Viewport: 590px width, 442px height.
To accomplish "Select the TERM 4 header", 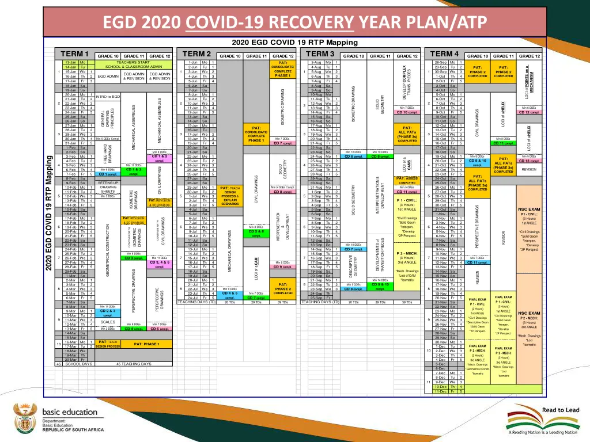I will pyautogui.click(x=444, y=54).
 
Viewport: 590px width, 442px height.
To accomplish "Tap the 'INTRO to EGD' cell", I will pyautogui.click(x=108, y=96).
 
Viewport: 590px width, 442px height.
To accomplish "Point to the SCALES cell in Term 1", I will pyautogui.click(x=108, y=322).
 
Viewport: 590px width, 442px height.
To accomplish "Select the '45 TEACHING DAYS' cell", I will pyautogui.click(x=134, y=364).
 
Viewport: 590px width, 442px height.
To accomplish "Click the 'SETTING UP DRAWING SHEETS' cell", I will pyautogui.click(x=108, y=187).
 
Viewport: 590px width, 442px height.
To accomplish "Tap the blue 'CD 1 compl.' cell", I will pyautogui.click(x=108, y=174).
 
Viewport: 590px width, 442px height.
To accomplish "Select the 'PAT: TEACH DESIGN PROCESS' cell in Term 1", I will pyautogui.click(x=108, y=344).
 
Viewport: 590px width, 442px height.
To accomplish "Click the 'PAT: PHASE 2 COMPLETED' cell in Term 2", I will pyautogui.click(x=283, y=288).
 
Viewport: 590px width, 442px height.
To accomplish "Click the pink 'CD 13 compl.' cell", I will pyautogui.click(x=529, y=161).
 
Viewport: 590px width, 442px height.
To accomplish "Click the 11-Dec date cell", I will pyautogui.click(x=441, y=391).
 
